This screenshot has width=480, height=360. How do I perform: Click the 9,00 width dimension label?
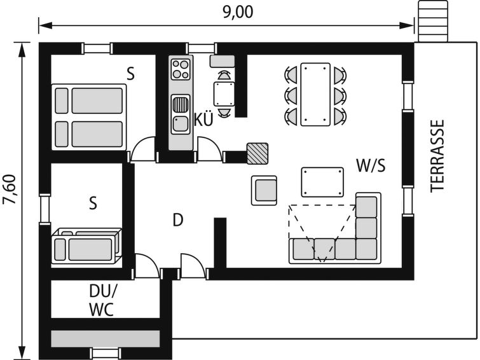coord(238,12)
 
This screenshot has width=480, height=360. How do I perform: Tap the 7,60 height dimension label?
coord(9,189)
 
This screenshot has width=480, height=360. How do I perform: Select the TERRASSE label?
coord(437,156)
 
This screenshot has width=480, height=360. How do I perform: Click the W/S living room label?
coord(371,165)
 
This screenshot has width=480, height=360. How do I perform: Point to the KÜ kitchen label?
coord(203,119)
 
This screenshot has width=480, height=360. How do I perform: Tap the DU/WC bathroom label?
coord(102,300)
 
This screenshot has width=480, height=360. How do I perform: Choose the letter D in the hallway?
coord(178,219)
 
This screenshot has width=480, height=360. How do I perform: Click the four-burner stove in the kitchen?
coord(181,69)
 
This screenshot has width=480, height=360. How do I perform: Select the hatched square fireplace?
coord(257,153)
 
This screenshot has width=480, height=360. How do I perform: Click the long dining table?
coord(315,94)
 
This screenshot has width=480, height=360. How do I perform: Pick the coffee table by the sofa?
coord(322,182)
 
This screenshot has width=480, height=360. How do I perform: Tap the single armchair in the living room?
coord(264,190)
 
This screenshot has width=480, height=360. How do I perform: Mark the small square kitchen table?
coord(224,94)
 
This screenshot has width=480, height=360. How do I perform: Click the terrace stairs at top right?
coord(433,21)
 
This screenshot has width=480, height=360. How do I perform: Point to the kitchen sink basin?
coord(181,124)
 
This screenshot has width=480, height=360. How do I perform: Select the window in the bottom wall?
coord(106,353)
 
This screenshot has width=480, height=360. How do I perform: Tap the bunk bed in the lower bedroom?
coord(86,246)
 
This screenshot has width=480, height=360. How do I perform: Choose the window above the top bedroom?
coord(97,48)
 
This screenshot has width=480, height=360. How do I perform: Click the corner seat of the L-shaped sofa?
coord(366,249)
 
